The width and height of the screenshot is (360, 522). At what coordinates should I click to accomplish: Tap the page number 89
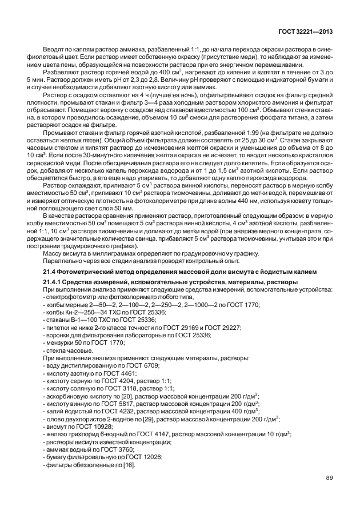point(329,478)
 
